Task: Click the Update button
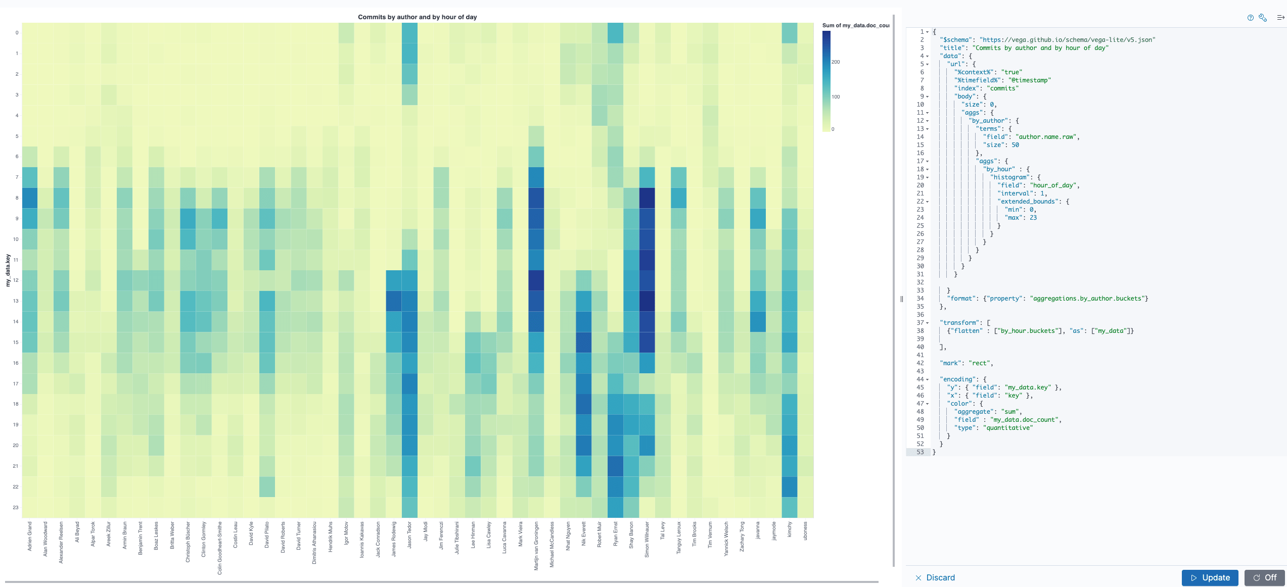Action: [1210, 577]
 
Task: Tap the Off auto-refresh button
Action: [1265, 577]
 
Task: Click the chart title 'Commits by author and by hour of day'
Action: [417, 17]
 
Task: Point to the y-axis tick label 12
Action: [16, 280]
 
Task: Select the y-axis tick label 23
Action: [16, 508]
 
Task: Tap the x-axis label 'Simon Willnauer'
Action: [647, 539]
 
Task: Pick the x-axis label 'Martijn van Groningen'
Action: [536, 546]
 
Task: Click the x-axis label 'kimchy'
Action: [790, 529]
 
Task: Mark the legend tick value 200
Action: [836, 62]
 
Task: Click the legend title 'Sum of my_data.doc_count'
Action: [855, 25]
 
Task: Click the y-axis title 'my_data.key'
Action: [8, 270]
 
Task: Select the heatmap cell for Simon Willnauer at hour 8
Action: [647, 198]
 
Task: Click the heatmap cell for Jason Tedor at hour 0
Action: [409, 33]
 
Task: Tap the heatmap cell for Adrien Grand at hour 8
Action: [30, 198]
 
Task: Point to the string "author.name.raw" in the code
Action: [1044, 137]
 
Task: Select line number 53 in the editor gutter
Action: [920, 452]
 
